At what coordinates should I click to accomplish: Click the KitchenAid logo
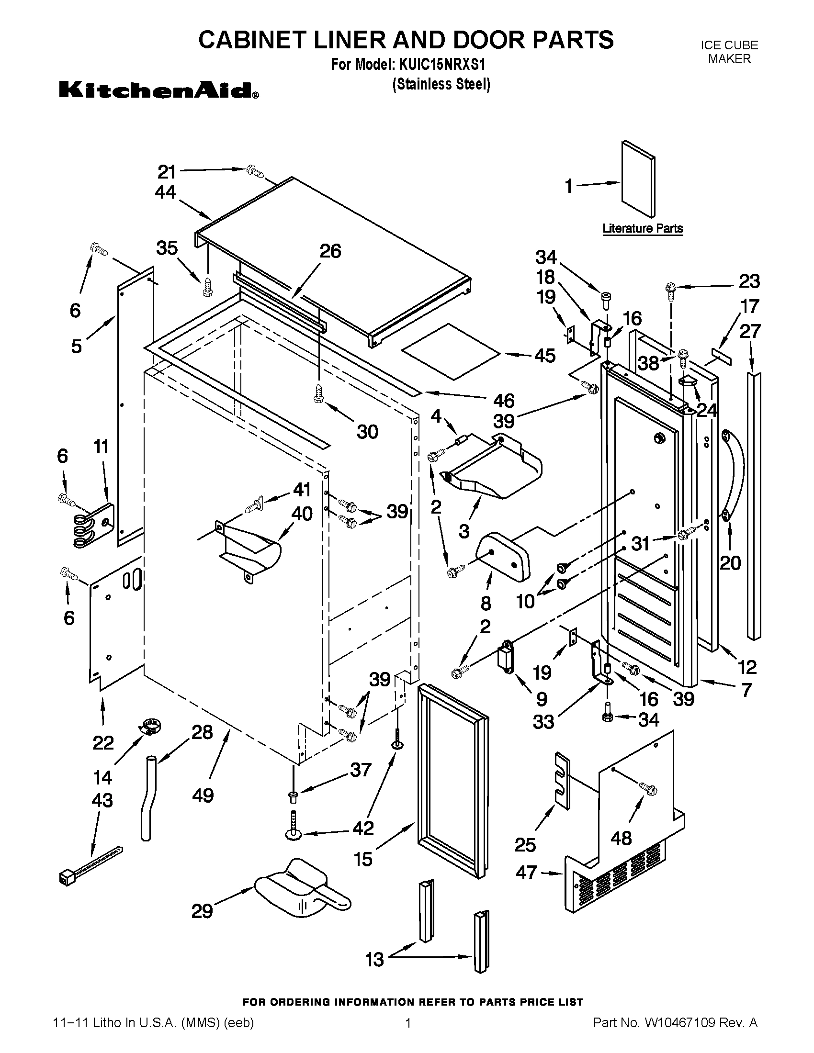point(158,90)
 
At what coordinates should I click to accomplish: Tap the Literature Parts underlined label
point(642,228)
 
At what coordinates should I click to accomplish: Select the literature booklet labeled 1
point(637,179)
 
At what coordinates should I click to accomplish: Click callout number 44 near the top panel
point(165,193)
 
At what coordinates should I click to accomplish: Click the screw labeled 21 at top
point(254,171)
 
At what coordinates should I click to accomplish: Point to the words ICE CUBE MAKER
point(729,52)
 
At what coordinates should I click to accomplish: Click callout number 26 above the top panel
point(330,251)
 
